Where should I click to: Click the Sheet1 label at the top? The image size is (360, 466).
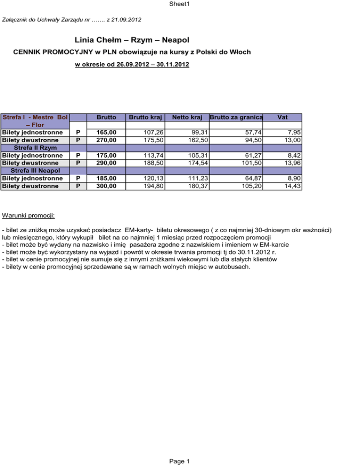(x=180, y=4)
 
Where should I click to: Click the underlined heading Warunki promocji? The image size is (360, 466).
(x=29, y=216)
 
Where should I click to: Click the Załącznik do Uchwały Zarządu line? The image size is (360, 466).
(x=73, y=20)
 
